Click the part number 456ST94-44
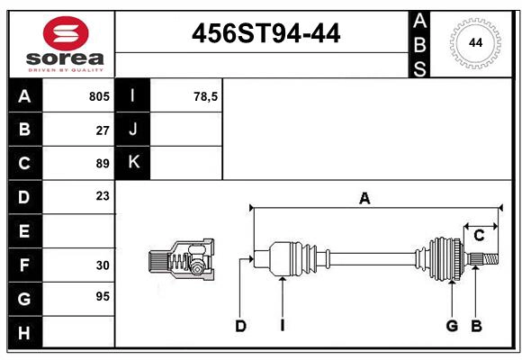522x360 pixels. tap(265, 34)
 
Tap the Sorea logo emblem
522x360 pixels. tap(66, 34)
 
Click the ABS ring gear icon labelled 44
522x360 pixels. tap(473, 42)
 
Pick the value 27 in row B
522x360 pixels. tap(103, 130)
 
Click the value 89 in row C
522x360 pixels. tap(103, 164)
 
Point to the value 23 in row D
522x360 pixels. tap(103, 196)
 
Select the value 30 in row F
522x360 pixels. tap(103, 265)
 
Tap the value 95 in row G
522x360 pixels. tap(103, 296)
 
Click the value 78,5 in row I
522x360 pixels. tap(206, 96)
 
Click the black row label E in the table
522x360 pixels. tap(24, 231)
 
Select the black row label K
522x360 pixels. tap(133, 163)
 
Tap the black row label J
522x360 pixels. tap(133, 130)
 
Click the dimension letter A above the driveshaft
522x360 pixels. tap(364, 199)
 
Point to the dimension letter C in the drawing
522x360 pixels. tap(479, 236)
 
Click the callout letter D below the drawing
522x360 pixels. tap(240, 326)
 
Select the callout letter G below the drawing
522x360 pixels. tap(452, 326)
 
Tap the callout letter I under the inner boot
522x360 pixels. tap(282, 326)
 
